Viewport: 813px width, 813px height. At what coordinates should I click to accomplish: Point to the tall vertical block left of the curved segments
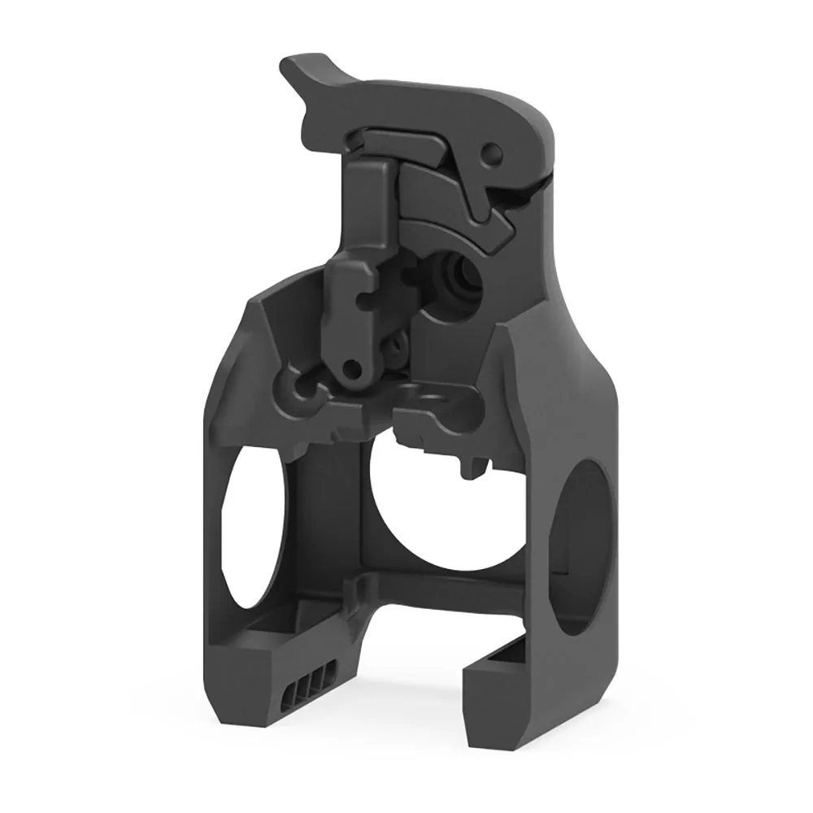click(x=370, y=211)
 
